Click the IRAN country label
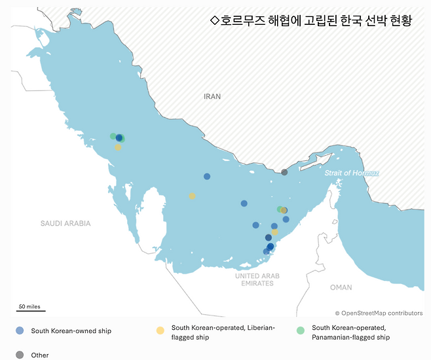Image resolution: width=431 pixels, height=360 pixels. [212, 96]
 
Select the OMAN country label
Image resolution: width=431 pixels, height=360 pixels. [341, 287]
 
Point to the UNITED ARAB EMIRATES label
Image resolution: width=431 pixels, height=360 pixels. [257, 279]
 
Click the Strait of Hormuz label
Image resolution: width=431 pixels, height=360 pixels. [352, 173]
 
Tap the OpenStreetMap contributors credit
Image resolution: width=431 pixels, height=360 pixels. [379, 314]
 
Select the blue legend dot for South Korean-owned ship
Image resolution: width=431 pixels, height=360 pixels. [20, 331]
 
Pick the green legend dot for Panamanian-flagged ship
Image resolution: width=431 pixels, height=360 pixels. [301, 331]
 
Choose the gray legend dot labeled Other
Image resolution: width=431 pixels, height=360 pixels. [20, 355]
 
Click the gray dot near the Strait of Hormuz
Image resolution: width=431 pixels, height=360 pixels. [284, 172]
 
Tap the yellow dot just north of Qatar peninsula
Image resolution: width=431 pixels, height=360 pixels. [192, 196]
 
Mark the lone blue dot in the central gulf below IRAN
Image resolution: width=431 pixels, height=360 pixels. [207, 176]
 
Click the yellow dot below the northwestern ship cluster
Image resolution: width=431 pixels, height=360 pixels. [118, 147]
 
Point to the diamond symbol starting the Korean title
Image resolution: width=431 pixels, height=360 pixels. [214, 20]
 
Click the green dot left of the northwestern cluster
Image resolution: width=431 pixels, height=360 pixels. [113, 136]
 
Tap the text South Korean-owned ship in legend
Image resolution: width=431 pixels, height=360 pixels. [71, 331]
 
